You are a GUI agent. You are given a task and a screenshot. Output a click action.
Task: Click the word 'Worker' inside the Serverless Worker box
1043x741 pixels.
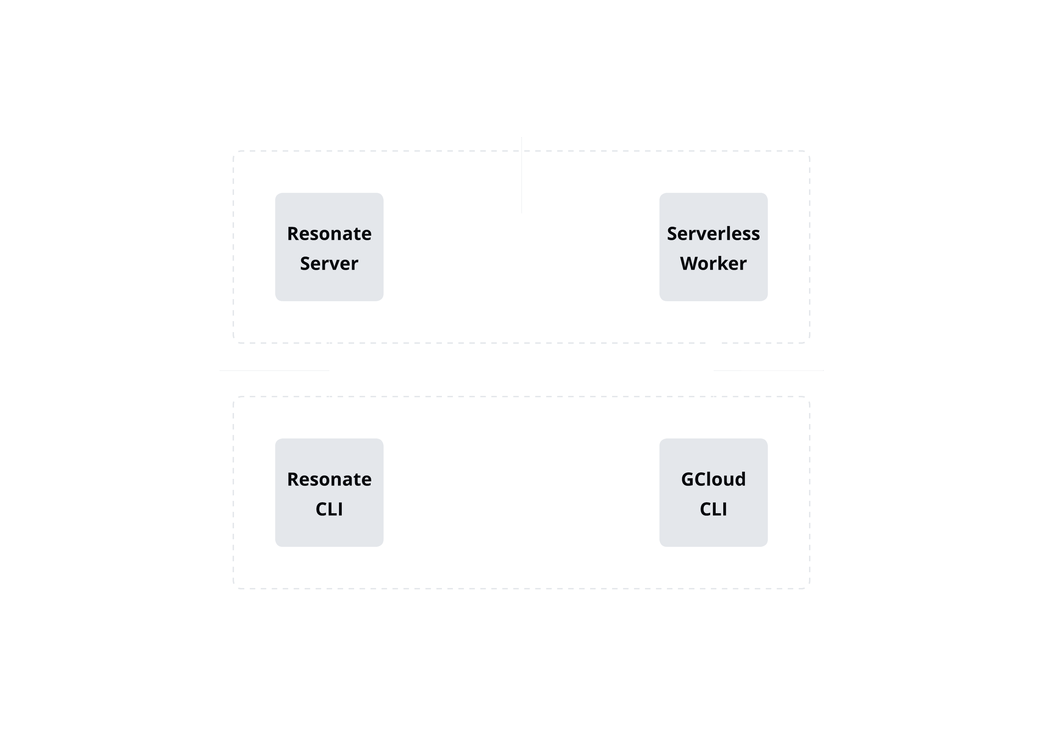coord(713,264)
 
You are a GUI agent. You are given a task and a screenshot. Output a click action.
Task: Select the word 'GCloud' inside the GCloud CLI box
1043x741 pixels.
coord(713,480)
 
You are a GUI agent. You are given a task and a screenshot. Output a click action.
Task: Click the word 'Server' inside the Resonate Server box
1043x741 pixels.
coord(329,264)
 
